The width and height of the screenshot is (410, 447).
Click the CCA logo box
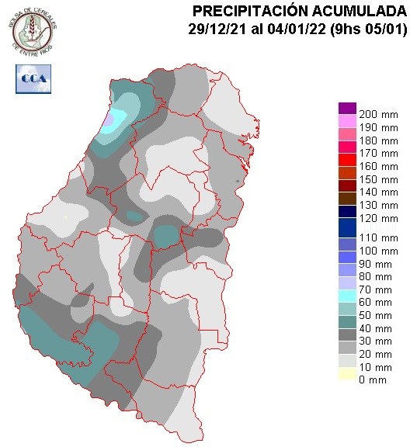pyautogui.click(x=31, y=78)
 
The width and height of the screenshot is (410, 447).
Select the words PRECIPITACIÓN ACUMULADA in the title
pyautogui.click(x=298, y=11)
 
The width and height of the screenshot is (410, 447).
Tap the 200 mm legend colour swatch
pyautogui.click(x=346, y=108)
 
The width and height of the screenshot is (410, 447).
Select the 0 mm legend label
pyautogui.click(x=373, y=380)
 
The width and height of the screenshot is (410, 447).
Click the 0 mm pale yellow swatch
pyautogui.click(x=346, y=376)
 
